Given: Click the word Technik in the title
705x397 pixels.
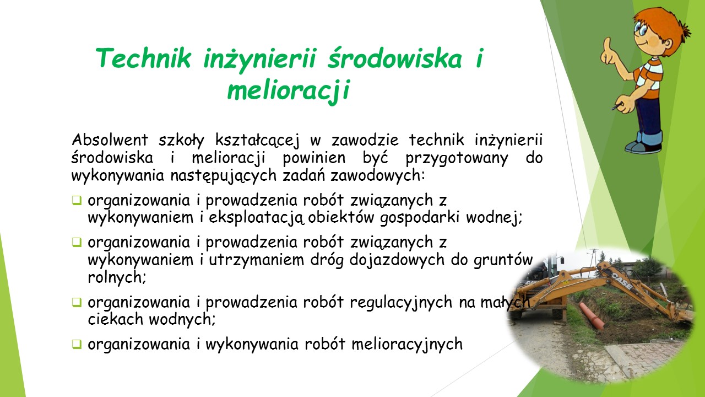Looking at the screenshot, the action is tap(144, 58).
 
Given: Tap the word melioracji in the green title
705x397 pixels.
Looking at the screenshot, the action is tap(289, 90).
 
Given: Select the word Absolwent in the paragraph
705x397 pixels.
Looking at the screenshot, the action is tap(110, 140).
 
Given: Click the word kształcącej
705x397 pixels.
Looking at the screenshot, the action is tap(257, 141).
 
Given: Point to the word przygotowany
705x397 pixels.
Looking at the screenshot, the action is tap(457, 159).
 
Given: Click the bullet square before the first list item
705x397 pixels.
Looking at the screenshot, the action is tap(77, 200).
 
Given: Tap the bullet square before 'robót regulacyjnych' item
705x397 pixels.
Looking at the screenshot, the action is tap(77, 303).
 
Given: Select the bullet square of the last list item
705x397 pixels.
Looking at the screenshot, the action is tap(77, 344).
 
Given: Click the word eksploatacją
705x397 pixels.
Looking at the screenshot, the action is tap(257, 218).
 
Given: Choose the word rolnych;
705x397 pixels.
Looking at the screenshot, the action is tap(117, 278).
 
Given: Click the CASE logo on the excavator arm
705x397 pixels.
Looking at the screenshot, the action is tap(622, 281).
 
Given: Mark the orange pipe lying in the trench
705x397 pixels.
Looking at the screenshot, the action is tap(592, 316).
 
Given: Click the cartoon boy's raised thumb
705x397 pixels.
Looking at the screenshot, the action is tap(607, 44).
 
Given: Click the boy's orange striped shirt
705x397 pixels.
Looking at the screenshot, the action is tap(649, 78).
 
